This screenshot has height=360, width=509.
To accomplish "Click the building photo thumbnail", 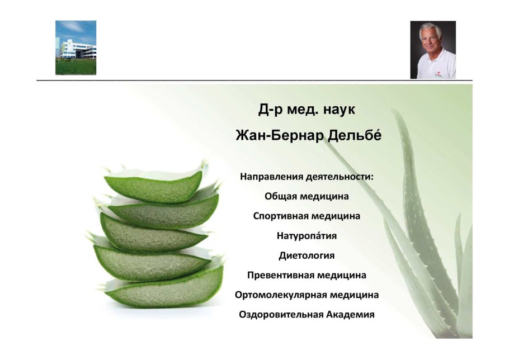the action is [x=76, y=48].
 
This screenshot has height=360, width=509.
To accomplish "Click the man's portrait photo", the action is [x=433, y=50].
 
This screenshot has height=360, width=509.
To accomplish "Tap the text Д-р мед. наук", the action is [x=307, y=110].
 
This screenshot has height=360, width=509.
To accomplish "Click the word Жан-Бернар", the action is [x=280, y=136].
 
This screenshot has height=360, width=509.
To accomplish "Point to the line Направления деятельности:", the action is [x=307, y=177].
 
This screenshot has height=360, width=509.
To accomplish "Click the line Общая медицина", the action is [x=307, y=197].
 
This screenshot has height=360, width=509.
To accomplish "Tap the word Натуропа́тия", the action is [x=307, y=235].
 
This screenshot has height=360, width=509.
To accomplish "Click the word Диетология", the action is [x=307, y=255].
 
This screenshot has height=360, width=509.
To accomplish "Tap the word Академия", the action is [x=351, y=315].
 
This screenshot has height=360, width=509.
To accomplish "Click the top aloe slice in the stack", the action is [x=155, y=185].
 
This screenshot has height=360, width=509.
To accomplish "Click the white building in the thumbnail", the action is [x=78, y=49].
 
